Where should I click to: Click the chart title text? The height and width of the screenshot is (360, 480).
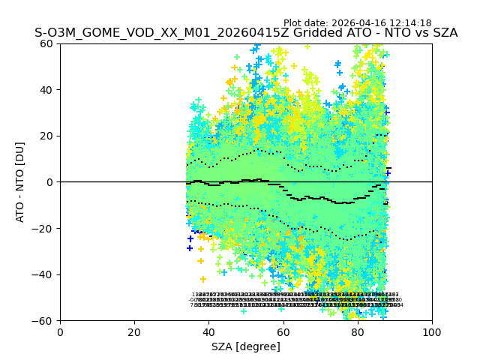[x=246, y=34]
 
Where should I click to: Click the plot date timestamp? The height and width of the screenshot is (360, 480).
[x=357, y=23]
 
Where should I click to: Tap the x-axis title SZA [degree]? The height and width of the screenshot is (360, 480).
[x=246, y=346]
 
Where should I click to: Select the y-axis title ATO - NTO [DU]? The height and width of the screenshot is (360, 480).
[x=21, y=181]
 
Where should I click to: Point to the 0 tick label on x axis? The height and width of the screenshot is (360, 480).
[x=60, y=331]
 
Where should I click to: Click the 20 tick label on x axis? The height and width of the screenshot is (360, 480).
[x=134, y=331]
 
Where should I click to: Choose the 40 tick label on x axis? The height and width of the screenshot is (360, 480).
[x=208, y=331]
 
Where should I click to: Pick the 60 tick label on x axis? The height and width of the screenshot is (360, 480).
[x=283, y=331]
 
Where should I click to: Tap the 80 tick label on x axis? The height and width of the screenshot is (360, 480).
[x=358, y=331]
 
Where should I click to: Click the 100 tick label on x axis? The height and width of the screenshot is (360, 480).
[x=432, y=331]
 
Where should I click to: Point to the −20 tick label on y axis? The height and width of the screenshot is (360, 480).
[x=45, y=228]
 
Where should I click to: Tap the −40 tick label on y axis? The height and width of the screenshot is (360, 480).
[x=45, y=274]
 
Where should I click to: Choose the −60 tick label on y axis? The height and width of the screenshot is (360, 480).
[x=45, y=320]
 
